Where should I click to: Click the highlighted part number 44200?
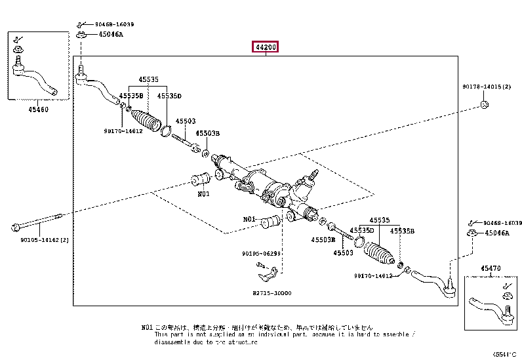pos(266,47)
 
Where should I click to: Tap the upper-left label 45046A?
pos(111,35)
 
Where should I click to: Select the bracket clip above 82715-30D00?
pos(271,270)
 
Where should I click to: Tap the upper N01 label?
pos(203,193)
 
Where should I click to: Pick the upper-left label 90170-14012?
pos(123,131)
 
